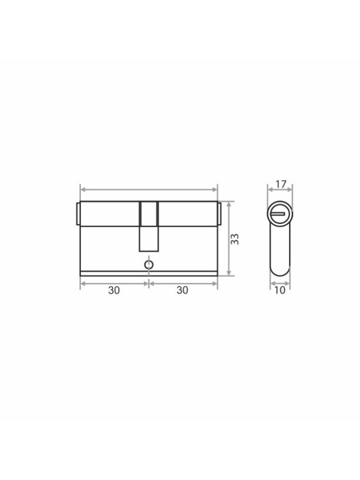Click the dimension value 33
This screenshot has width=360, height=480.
235,239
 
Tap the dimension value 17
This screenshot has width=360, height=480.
280,184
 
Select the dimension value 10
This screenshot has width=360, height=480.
280,290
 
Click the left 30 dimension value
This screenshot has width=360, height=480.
114,290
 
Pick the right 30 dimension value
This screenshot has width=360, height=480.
182,290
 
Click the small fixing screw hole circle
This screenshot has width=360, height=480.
149,265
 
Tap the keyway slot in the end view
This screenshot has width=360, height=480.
278,213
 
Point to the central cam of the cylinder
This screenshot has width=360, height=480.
149,226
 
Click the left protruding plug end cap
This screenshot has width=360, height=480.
78,214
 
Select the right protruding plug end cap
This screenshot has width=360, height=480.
219,214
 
